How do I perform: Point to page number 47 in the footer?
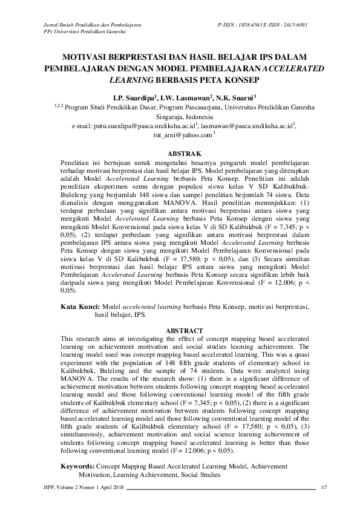click(x=324, y=488)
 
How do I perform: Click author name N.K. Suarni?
click(x=237, y=97)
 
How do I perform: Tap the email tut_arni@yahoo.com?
click(x=180, y=137)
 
